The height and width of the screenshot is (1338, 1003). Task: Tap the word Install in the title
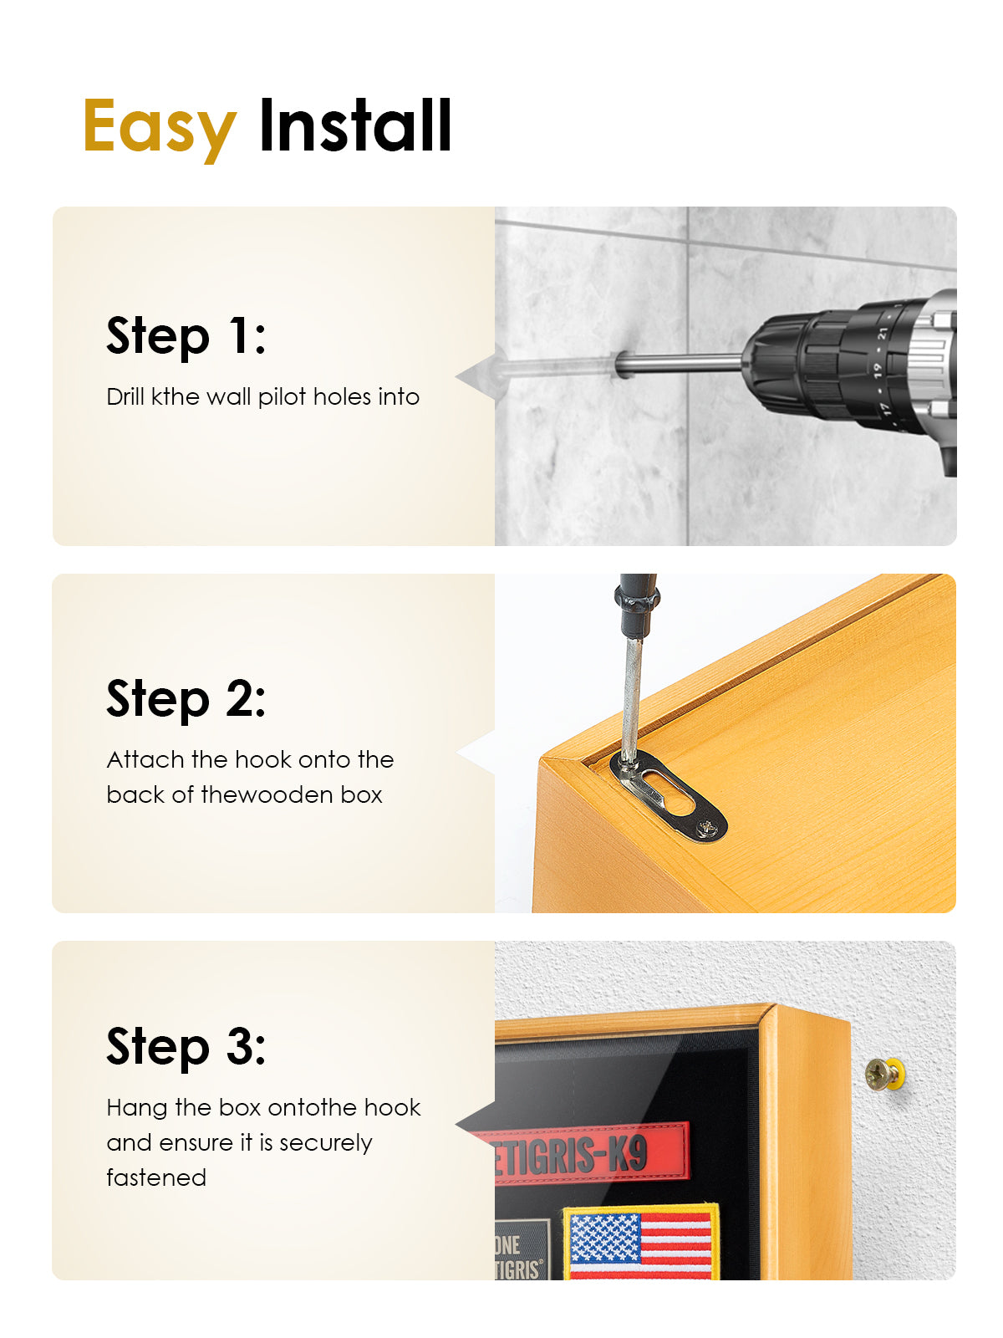coord(356,125)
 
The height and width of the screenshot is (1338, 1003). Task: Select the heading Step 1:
coord(186,336)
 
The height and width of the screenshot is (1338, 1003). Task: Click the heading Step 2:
coord(186,698)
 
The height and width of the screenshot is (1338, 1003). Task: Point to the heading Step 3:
coord(186,1046)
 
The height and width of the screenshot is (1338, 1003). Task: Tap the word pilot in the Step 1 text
coord(282,398)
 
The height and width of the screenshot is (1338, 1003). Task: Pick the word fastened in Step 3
coord(156,1177)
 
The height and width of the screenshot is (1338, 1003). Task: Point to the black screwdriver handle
coord(636,605)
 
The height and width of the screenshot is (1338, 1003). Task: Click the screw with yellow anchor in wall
coord(885,1074)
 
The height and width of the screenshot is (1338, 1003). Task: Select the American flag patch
coord(640,1242)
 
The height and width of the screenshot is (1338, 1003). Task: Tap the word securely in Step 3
coord(326,1143)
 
